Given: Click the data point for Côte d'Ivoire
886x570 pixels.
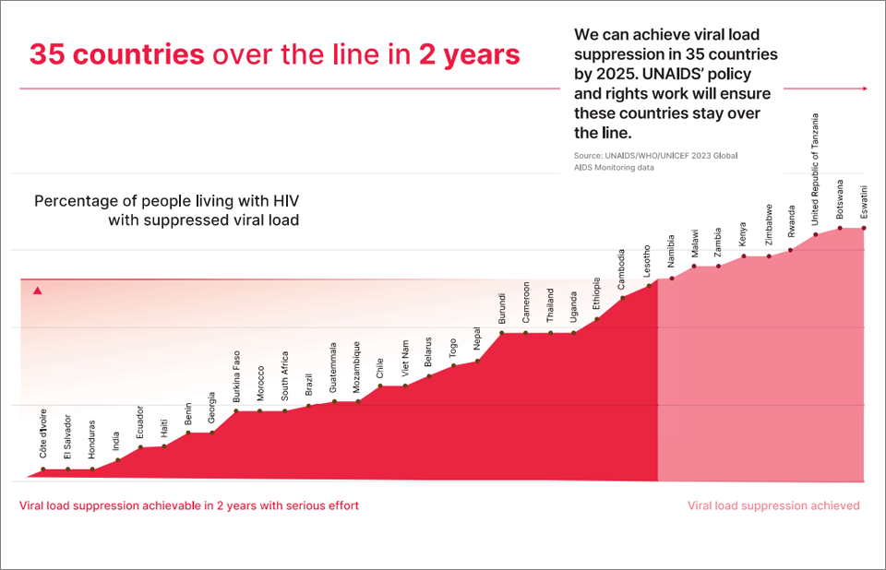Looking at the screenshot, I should [42, 469].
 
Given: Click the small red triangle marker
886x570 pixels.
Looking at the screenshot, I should [38, 291].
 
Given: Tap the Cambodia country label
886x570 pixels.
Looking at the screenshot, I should [622, 268].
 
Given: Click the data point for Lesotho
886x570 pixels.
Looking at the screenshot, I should [648, 285].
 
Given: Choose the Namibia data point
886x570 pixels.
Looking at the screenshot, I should [672, 278].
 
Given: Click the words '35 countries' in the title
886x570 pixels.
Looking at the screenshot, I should [116, 54].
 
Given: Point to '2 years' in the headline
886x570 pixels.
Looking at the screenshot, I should [469, 54].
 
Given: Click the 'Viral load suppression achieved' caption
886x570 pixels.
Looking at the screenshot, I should [773, 505].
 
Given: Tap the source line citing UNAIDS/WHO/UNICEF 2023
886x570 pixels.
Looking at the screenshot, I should [655, 162].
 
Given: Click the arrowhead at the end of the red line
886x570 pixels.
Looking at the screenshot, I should [865, 89].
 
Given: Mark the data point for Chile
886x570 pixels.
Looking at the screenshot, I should [380, 386].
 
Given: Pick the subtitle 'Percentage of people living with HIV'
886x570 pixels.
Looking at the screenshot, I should [166, 201].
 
